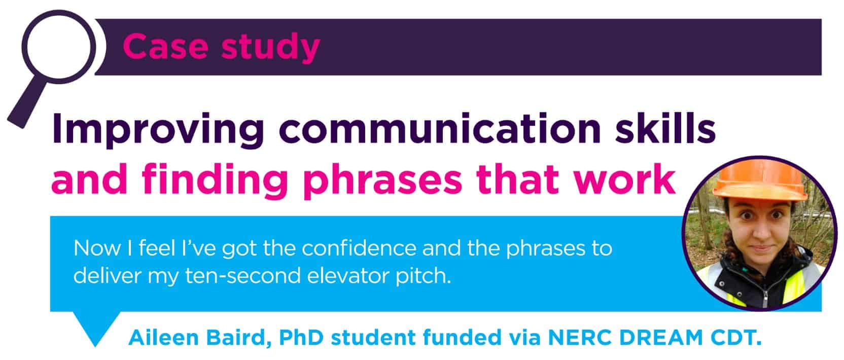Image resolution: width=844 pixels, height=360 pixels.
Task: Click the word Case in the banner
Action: click(x=165, y=46)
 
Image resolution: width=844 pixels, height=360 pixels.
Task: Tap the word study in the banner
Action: click(x=270, y=48)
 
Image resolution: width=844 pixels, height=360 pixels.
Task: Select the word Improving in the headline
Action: click(x=158, y=130)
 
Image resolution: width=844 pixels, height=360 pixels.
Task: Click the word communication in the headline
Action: click(x=440, y=128)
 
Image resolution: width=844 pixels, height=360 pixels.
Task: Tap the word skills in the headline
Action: click(x=665, y=128)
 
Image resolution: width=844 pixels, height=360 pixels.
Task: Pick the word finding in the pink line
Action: click(x=215, y=181)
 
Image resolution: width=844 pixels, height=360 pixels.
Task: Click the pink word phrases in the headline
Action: click(x=383, y=181)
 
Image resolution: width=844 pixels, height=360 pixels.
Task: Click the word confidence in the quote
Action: click(x=359, y=248)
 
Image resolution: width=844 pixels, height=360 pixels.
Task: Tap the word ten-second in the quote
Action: click(x=242, y=276)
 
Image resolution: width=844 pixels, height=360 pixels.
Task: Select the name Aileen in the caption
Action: click(x=163, y=337)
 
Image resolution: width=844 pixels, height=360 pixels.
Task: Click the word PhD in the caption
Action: click(x=301, y=337)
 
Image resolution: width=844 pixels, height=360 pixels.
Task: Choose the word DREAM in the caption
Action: click(x=661, y=337)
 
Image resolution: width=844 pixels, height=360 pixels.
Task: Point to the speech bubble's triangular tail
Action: click(x=96, y=328)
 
